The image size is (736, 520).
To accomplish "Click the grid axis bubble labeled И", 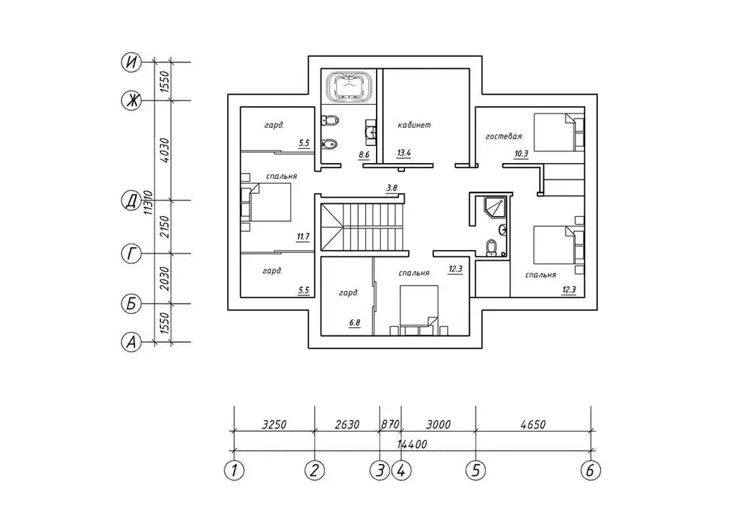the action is click(132, 62).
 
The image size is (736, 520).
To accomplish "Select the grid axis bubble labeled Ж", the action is click(132, 101).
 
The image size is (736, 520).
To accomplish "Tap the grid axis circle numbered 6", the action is click(591, 470).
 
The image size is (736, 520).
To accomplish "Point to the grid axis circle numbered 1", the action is click(234, 470).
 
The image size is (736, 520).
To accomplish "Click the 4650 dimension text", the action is click(533, 424).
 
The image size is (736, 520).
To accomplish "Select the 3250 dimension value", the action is click(274, 424).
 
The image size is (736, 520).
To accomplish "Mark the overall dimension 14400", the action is click(412, 444).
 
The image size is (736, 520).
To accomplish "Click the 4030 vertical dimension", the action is click(165, 150).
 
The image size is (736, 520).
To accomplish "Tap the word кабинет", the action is click(414, 125).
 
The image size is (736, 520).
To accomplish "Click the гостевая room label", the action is click(504, 136).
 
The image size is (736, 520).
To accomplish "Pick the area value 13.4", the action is click(404, 153).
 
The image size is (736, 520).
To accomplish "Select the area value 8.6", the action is click(364, 154).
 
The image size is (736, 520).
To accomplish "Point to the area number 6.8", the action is click(354, 322).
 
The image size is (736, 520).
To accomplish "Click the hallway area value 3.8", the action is click(392, 188).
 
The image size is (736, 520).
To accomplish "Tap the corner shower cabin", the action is click(494, 206).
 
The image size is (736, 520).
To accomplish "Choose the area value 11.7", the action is click(303, 237).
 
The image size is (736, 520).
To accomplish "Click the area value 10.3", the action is click(521, 153).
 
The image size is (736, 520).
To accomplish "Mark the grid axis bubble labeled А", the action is click(132, 343).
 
